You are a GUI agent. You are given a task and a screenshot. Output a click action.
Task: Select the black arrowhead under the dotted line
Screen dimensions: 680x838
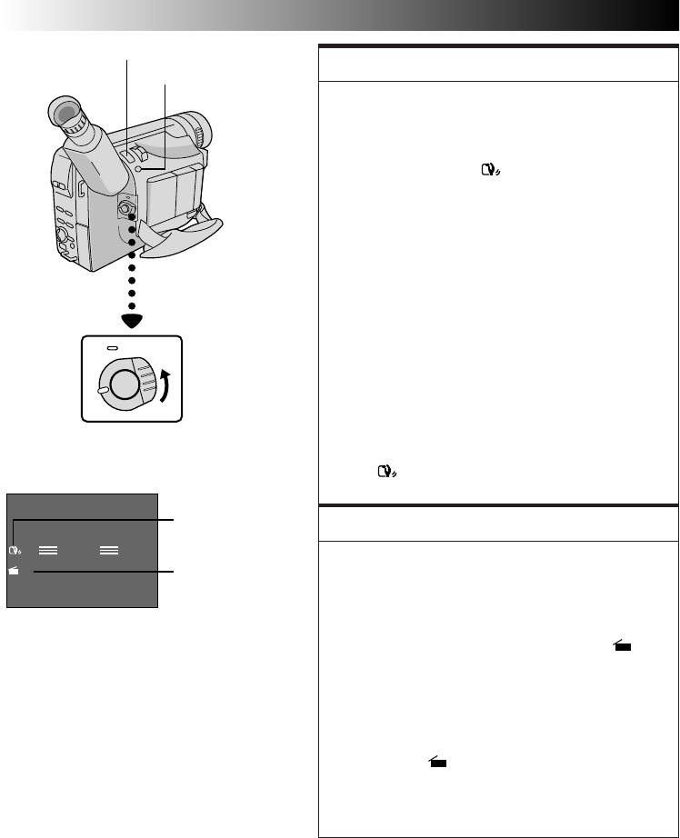132,319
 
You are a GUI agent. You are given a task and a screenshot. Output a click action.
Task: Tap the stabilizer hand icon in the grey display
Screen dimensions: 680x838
14,550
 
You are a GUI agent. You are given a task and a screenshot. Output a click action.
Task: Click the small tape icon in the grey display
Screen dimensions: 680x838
14,571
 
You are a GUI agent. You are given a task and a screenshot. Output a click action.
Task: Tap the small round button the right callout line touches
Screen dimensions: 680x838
135,170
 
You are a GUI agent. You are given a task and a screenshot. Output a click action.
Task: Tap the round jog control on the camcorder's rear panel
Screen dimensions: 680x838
61,238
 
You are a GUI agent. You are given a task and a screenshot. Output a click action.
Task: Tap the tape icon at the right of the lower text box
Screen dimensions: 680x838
622,646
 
